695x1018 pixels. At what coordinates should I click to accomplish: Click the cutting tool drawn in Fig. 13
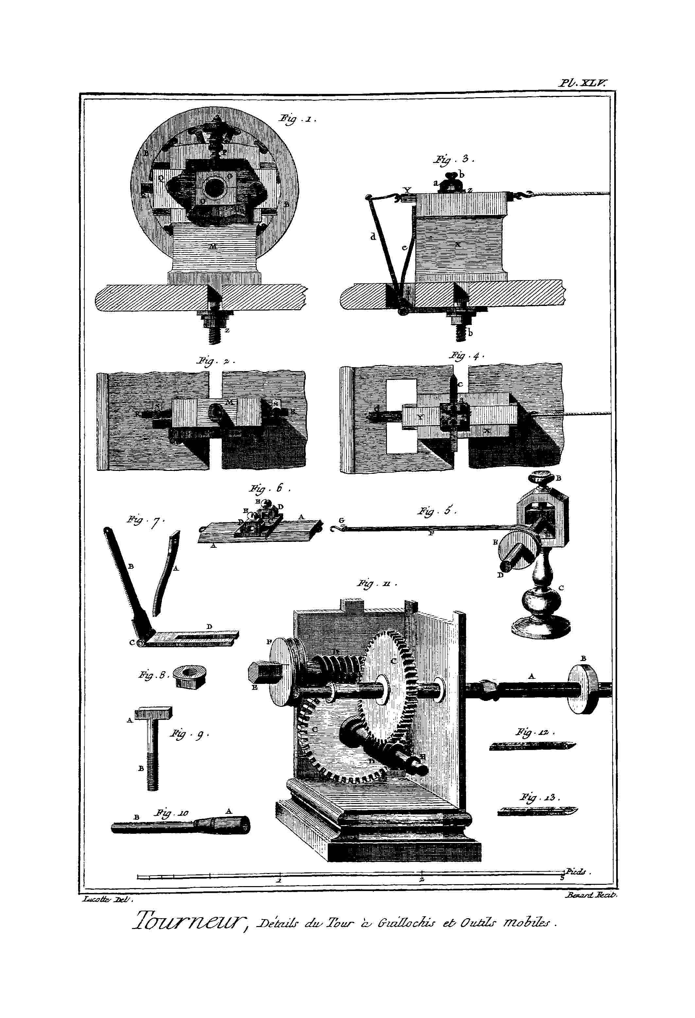[537, 811]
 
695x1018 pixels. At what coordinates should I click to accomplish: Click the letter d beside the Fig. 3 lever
[373, 237]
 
